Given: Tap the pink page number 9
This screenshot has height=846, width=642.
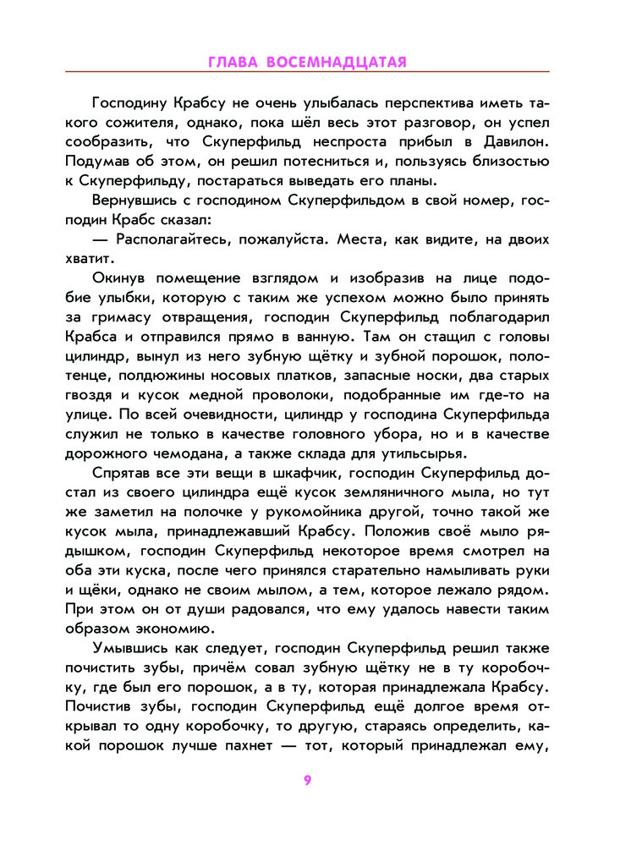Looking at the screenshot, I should pyautogui.click(x=308, y=780).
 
